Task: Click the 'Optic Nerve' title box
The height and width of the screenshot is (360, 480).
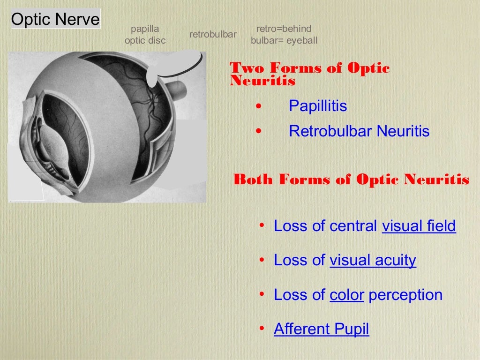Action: tap(55, 20)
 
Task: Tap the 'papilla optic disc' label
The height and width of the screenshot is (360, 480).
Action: tap(145, 35)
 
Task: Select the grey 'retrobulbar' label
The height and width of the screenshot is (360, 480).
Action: tap(213, 35)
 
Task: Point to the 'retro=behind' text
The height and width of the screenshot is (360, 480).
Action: tap(284, 29)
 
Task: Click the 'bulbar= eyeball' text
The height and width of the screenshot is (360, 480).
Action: tap(284, 41)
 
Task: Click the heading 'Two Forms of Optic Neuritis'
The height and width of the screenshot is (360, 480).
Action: tap(309, 75)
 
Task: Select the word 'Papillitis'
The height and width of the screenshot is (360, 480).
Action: tap(318, 106)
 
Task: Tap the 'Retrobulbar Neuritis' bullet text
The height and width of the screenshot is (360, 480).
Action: tap(359, 131)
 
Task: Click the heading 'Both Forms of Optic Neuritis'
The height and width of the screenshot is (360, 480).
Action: tap(351, 180)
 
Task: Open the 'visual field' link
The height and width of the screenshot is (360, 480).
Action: tap(419, 226)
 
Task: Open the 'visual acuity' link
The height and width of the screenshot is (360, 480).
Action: tap(373, 260)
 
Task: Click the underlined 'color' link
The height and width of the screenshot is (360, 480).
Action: tap(347, 295)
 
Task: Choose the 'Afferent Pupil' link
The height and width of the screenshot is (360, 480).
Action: tap(322, 329)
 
